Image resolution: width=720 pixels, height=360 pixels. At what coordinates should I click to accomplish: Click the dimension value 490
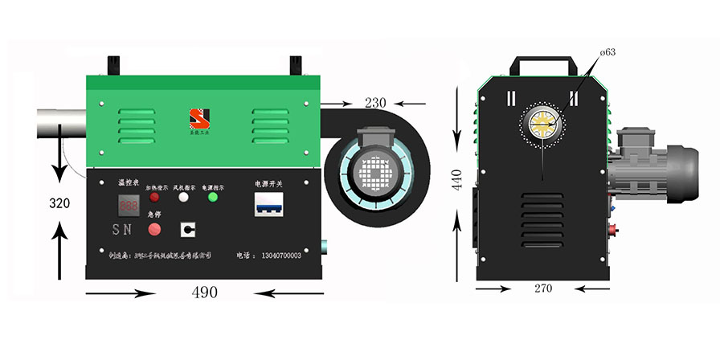[204, 292]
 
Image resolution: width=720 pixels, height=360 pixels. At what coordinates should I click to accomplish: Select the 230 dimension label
[374, 103]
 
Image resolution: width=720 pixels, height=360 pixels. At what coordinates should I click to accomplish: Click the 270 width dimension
[542, 288]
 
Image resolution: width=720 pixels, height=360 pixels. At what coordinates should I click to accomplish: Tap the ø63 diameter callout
[607, 53]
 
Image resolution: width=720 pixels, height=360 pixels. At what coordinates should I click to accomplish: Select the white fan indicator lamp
[183, 197]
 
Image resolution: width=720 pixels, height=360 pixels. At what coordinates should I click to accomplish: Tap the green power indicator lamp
[213, 197]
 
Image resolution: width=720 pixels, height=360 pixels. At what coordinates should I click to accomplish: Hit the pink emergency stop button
[154, 229]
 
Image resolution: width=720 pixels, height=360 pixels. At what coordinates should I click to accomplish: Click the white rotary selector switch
[188, 229]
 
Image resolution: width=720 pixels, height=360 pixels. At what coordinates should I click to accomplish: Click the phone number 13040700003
[281, 256]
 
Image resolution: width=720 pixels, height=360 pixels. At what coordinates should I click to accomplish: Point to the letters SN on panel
[121, 230]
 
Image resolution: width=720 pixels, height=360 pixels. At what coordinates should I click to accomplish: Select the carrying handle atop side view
[544, 63]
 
